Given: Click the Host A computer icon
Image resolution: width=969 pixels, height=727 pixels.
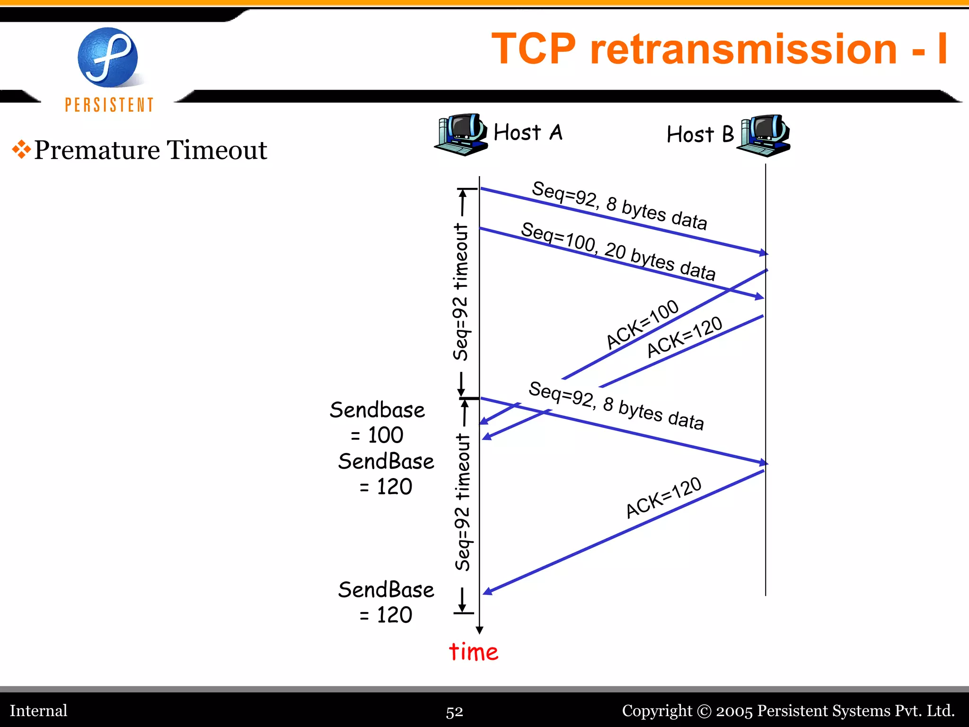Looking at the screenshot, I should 460,134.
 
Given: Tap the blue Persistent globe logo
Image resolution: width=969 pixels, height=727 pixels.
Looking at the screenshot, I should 108,57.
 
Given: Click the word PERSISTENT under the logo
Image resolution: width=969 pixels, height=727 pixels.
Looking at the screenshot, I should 109,105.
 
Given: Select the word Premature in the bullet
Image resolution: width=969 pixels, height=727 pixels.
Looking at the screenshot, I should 97,150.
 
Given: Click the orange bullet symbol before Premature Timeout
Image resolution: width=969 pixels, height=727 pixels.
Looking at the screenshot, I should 21,149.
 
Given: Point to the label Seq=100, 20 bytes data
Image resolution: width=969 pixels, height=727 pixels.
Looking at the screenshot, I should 617,251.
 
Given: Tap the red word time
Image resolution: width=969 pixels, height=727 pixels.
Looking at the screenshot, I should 473,652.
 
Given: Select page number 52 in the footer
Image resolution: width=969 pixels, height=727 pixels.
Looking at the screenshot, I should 454,711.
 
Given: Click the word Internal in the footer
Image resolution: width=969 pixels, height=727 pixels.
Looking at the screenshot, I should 39,710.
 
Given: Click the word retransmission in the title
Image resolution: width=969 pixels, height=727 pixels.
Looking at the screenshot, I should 743,49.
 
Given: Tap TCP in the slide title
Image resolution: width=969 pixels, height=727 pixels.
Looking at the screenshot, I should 534,49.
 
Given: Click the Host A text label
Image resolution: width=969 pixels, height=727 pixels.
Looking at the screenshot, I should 528,133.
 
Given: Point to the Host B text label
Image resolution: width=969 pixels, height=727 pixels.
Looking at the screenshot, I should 700,134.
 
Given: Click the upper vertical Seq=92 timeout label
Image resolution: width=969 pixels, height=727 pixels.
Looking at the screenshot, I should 460,292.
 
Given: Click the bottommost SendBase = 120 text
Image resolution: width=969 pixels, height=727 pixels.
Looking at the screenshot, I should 386,602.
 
